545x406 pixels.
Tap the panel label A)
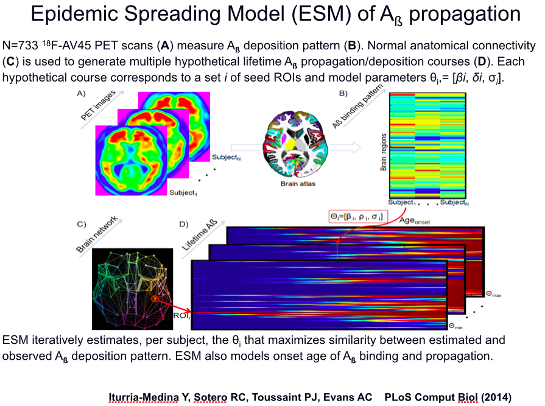coord(80,94)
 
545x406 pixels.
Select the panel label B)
coord(343,93)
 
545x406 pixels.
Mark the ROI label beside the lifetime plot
coord(181,316)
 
